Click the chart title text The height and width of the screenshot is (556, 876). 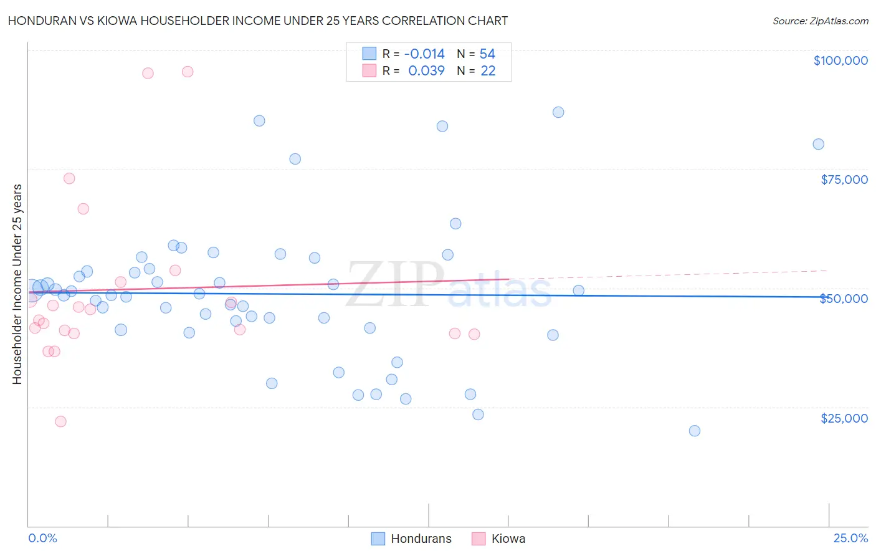[x=258, y=21]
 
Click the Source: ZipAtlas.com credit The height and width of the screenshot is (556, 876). [x=820, y=21]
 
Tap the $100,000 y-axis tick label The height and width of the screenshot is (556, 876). [x=840, y=60]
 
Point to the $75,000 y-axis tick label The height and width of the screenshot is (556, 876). [x=844, y=180]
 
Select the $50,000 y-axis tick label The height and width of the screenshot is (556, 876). [x=844, y=299]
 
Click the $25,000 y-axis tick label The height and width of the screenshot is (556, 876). [x=844, y=418]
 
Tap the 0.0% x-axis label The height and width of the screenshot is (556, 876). [x=42, y=538]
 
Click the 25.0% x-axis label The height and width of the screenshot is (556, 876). [x=850, y=538]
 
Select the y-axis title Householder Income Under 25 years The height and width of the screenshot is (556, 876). [x=17, y=284]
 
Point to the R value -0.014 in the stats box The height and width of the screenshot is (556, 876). [x=424, y=54]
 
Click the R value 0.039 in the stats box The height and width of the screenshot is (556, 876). [x=426, y=70]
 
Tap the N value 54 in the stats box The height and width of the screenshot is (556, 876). [x=487, y=54]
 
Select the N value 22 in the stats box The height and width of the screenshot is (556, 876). [x=488, y=70]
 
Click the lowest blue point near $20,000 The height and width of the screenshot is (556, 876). [x=695, y=431]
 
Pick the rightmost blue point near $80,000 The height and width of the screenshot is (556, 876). [x=818, y=144]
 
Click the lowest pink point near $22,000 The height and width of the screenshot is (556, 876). [x=60, y=421]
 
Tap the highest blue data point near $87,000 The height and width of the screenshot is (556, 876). [x=558, y=112]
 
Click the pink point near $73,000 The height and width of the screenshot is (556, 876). [x=69, y=178]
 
